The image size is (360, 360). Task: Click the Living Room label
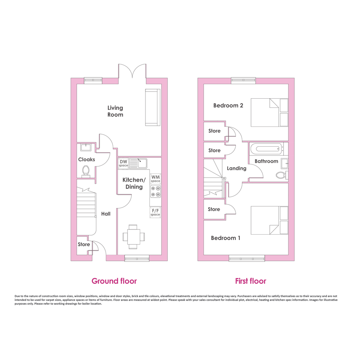(115, 111)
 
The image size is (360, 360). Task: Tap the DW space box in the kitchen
(123, 163)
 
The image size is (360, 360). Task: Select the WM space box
(155, 179)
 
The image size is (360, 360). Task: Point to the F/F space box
(155, 212)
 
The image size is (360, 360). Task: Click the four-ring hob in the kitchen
(155, 192)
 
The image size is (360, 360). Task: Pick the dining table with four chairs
(134, 237)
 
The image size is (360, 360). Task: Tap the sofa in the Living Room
(153, 107)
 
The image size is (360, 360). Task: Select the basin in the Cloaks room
(86, 147)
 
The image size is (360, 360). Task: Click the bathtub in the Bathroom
(266, 149)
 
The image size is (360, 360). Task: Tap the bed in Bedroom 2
(269, 112)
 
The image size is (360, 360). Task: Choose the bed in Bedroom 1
(269, 220)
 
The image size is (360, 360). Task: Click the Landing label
(237, 168)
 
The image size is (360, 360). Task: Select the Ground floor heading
(114, 281)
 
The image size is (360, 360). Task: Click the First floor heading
(251, 281)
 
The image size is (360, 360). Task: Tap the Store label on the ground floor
(84, 244)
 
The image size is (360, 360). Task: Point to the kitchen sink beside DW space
(138, 163)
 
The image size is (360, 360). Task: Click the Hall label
(106, 214)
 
